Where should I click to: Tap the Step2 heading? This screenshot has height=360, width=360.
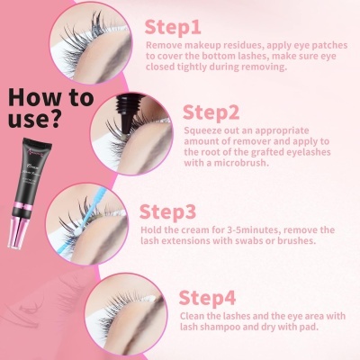pyautogui.click(x=212, y=112)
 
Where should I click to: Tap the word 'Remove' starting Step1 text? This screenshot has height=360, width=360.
pyautogui.click(x=166, y=43)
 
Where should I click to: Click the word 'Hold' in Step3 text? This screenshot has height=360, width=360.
pyautogui.click(x=153, y=230)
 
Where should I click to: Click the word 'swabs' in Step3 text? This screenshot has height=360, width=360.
pyautogui.click(x=244, y=242)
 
